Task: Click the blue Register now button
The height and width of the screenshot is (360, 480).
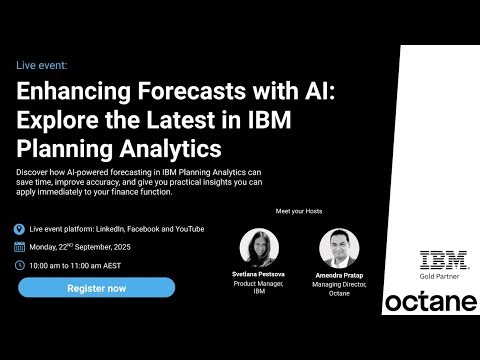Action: tap(96, 288)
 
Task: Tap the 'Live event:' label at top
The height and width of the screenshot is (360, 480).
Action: tap(42, 65)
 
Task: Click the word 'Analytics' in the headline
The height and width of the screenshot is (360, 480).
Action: tap(173, 150)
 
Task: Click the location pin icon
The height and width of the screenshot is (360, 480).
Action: tap(20, 229)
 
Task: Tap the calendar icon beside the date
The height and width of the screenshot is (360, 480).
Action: tap(20, 246)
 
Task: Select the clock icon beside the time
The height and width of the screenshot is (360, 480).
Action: tap(20, 265)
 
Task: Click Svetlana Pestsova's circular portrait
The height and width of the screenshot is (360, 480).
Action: tap(260, 247)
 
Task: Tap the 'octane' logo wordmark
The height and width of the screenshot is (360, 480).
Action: tap(430, 301)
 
